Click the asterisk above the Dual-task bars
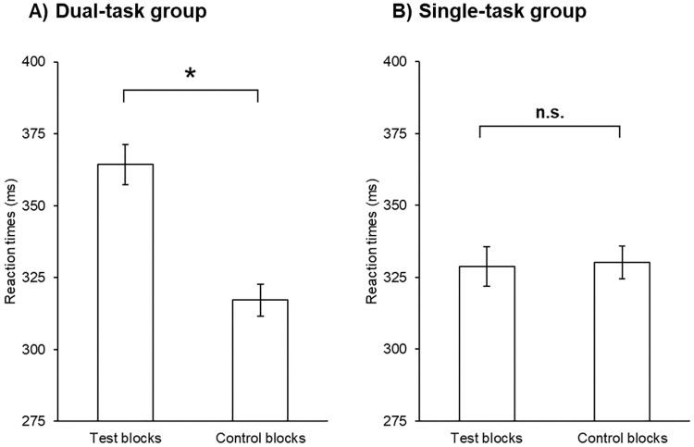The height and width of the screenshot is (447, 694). tap(191, 75)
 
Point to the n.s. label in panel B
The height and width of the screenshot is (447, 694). tap(550, 113)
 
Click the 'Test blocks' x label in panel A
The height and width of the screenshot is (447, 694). tap(123, 438)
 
